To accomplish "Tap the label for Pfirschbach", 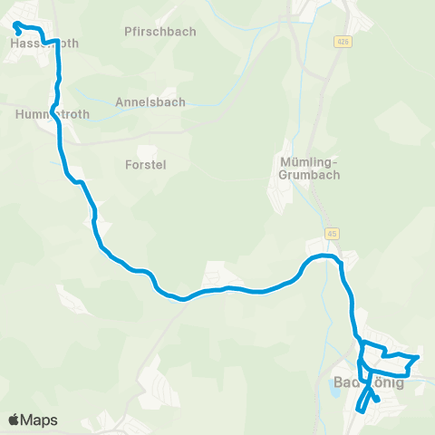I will [159, 32].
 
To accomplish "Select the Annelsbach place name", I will [150, 102].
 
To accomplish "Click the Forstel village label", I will [142, 165].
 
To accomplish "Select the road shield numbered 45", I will [333, 233].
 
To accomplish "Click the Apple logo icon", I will [15, 420].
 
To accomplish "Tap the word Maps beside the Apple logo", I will [40, 420].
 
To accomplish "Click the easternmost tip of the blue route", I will [418, 357].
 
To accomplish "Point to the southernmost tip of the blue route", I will [361, 411].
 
